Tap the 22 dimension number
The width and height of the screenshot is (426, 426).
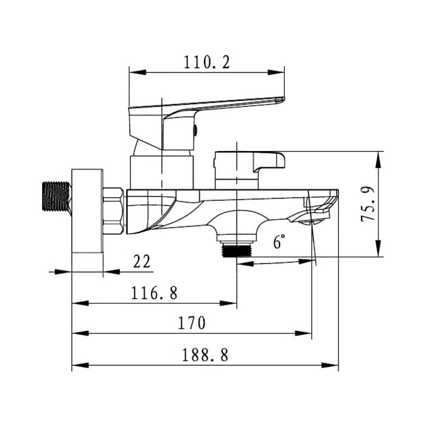[141, 262]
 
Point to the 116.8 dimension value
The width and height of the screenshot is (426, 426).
[155, 293]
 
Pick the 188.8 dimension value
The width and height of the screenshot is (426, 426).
[204, 355]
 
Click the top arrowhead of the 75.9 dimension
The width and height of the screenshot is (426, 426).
[379, 156]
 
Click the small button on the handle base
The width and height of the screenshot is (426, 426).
[195, 129]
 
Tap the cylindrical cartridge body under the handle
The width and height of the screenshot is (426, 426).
[162, 171]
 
